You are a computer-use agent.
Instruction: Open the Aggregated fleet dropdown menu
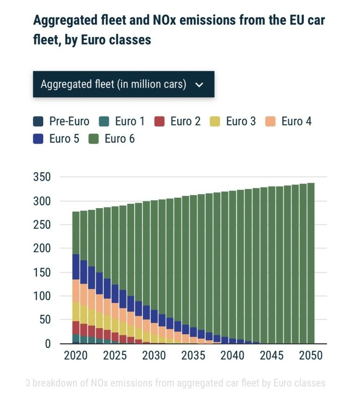[x=123, y=84]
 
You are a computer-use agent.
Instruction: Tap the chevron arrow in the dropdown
[x=199, y=85]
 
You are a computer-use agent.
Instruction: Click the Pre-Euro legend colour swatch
[x=38, y=121]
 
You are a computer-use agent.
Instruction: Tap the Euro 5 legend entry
[x=57, y=139]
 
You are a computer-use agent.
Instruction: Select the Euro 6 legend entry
[x=112, y=139]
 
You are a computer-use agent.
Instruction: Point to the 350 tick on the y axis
[x=42, y=177]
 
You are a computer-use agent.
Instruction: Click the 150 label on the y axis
[x=42, y=272]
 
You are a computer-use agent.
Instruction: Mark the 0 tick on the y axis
[x=47, y=344]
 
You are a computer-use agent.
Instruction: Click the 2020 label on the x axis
[x=76, y=355]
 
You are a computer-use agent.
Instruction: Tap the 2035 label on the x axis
[x=193, y=355]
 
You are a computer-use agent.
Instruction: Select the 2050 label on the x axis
[x=311, y=355]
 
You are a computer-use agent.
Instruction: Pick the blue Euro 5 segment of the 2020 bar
[x=76, y=267]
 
